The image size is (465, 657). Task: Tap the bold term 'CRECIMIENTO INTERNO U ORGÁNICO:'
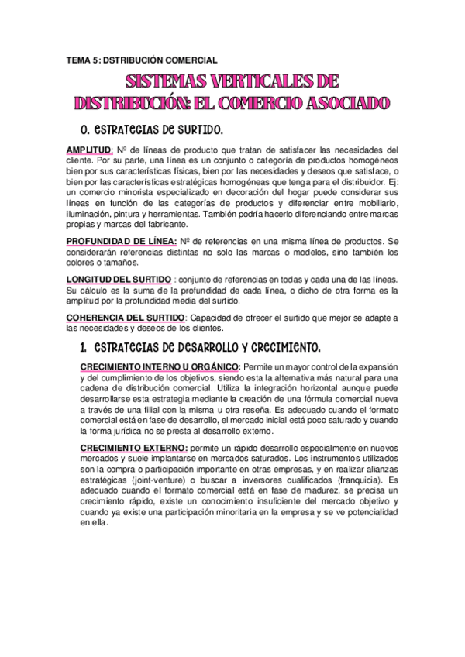coord(160,366)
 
